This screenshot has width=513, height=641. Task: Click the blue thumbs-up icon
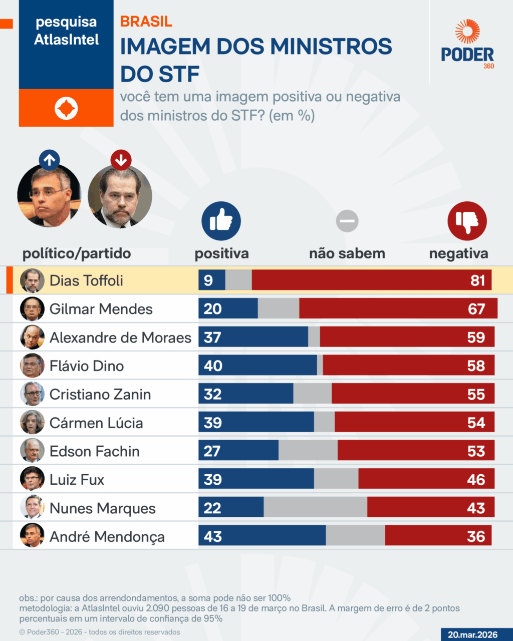[x=221, y=221]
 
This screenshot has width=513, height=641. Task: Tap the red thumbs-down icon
[x=467, y=221]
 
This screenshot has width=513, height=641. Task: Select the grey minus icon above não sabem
[x=347, y=221]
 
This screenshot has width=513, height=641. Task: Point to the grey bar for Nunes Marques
[x=315, y=508]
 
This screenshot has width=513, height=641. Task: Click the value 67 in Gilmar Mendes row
[x=476, y=309]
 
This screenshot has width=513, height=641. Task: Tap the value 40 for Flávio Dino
[x=213, y=366]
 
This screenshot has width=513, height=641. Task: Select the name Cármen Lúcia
[x=96, y=423]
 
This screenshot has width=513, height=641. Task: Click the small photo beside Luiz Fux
[x=32, y=480]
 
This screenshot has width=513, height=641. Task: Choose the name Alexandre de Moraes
[x=120, y=338]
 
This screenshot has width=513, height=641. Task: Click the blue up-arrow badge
[x=49, y=160]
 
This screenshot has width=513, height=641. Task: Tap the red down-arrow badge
[x=121, y=160]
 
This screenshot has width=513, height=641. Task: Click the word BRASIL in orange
[x=146, y=22]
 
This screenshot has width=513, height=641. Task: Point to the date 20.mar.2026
[x=472, y=634]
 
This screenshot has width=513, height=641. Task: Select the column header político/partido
[x=77, y=253]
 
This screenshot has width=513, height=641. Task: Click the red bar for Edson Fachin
[x=416, y=451]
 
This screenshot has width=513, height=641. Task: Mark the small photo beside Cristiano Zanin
[x=32, y=394]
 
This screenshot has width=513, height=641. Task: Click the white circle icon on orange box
[x=66, y=108]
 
